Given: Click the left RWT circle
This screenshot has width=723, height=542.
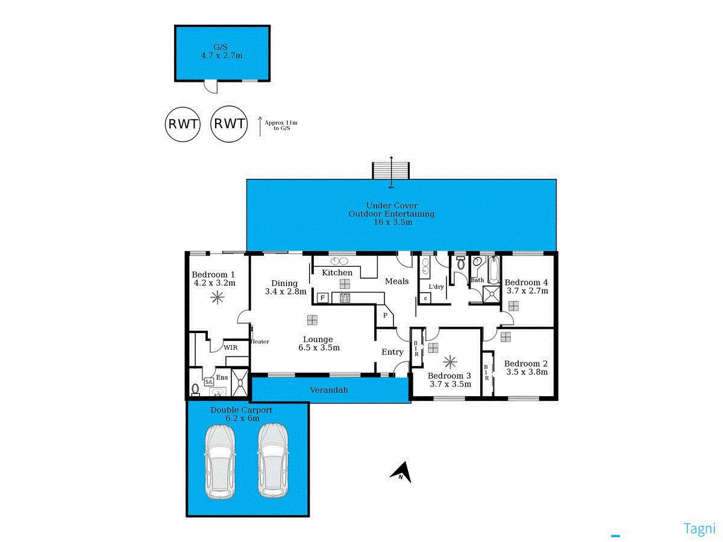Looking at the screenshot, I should (x=183, y=125).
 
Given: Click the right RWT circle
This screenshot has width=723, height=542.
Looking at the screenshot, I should (x=230, y=125).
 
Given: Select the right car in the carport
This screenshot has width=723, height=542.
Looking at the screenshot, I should (x=273, y=461).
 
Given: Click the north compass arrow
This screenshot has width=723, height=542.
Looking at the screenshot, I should (x=402, y=472).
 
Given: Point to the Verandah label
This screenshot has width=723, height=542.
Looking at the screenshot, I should (x=329, y=390).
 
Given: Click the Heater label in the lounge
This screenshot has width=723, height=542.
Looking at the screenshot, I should (x=260, y=341).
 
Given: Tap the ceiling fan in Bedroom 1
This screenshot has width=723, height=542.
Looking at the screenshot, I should (x=216, y=297).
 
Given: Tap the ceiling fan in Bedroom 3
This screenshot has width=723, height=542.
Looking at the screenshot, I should (x=449, y=363).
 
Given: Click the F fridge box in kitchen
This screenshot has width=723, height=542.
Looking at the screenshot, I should (x=322, y=297).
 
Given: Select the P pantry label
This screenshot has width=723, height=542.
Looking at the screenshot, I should (x=384, y=314).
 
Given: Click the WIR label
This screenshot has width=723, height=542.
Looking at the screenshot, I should (x=230, y=347).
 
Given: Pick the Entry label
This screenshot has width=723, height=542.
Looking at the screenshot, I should (x=392, y=352).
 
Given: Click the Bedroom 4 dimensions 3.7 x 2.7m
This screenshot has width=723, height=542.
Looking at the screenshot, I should (x=527, y=291).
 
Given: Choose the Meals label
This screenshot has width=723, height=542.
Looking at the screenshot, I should (x=397, y=281).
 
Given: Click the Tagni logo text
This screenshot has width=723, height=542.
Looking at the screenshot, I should (x=699, y=529).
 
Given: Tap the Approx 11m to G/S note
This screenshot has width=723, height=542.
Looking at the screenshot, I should (x=281, y=125).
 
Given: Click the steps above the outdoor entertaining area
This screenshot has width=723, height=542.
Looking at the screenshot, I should (x=392, y=170).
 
